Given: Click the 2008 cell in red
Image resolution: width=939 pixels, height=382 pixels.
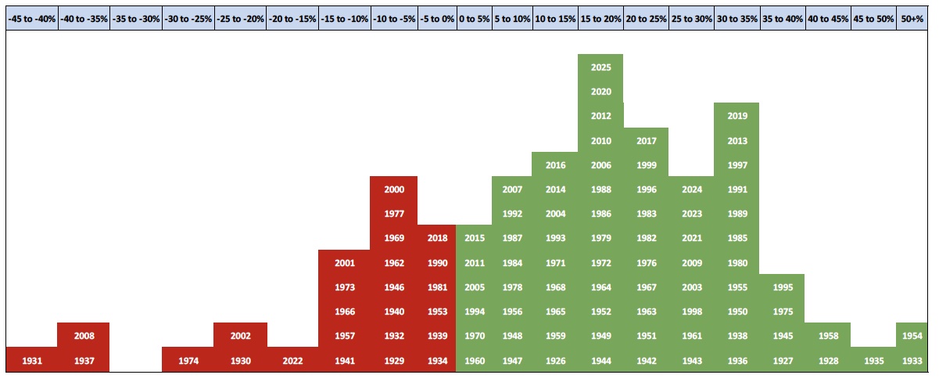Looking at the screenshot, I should coord(84,336).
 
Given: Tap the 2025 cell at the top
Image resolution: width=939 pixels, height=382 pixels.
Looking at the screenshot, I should coord(600,67).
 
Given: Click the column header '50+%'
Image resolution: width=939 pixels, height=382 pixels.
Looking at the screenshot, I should coord(912,17).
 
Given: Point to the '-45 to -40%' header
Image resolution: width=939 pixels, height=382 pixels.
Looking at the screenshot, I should coord(31,17).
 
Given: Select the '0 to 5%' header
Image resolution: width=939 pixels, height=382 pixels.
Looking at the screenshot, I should coord(474,17).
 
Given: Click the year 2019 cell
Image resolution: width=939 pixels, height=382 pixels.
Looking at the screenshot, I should coord(737,116).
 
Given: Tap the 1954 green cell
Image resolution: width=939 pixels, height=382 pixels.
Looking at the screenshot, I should coord(912,336).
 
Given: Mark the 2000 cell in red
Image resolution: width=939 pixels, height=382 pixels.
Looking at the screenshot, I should coord(394,189).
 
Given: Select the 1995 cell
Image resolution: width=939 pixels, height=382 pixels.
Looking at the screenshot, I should coord(782,287).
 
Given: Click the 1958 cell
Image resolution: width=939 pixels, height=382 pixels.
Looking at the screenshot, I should coord(827,336).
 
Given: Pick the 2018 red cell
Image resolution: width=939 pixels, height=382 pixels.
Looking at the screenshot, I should coord(437,238).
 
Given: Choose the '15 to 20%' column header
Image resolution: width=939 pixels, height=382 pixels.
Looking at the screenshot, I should coord(600,17).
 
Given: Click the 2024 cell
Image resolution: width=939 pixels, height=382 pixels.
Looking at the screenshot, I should coord(691,189).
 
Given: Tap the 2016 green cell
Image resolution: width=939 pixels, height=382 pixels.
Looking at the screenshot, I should coord(555,165).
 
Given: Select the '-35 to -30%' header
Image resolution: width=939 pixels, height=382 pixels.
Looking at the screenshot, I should coord(136,17).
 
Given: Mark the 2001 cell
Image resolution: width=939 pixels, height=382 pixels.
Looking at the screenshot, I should coord(344,263).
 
